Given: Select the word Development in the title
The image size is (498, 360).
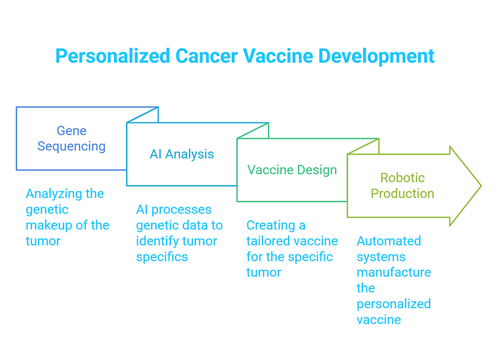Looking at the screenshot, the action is coord(377,56).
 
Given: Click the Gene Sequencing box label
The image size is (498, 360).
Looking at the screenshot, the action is coord(72,138).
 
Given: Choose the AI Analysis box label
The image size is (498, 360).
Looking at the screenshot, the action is coord(182,154).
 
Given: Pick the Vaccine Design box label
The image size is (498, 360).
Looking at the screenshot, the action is coord(292,170).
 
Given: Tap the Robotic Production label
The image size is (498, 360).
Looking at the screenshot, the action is coord(402,186).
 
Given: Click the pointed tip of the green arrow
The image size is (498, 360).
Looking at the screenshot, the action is coord(480,186).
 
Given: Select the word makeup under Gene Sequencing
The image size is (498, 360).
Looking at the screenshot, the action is coord(48,225).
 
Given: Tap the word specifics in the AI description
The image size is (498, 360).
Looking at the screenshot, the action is coord(162,256).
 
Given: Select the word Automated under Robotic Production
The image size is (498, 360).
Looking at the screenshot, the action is coord(389,241).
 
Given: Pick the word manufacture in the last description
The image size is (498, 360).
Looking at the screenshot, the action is coord(394,272).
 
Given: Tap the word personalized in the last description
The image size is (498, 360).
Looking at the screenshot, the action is coord(394,304).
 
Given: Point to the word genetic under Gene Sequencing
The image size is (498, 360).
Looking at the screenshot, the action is coord(47,209).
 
